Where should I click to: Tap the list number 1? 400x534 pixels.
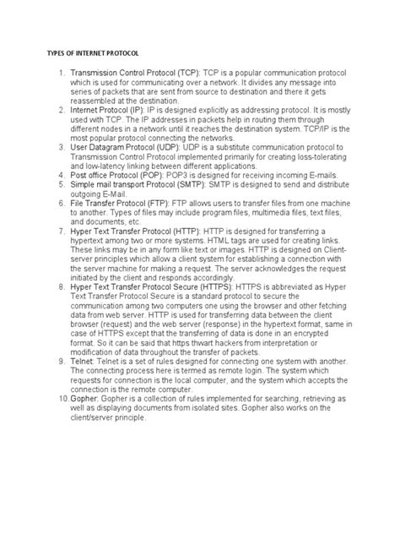pyautogui.click(x=60, y=74)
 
